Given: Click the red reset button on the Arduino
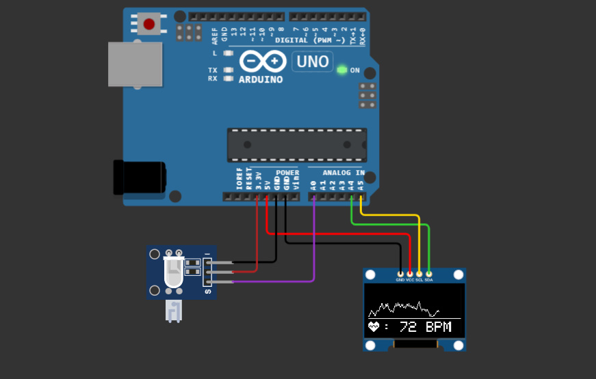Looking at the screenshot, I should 149,25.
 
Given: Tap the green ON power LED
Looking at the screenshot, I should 342,70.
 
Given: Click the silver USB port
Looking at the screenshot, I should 135,64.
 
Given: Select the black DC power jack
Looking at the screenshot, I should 139,177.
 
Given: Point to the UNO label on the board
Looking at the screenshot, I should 313,61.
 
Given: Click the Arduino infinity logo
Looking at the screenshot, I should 262,62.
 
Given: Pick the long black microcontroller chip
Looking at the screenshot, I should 296,145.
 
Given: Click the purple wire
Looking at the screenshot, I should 313,246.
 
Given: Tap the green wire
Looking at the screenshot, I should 390,224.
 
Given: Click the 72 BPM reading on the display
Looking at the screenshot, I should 425,327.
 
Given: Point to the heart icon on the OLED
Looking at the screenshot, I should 374,327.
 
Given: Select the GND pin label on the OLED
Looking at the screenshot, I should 400,280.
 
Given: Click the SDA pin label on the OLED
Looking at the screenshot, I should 428,280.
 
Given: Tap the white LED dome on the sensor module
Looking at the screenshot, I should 173,272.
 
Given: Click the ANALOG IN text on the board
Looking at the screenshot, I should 344,173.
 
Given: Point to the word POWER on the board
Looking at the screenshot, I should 287,173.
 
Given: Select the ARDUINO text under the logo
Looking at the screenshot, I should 261,79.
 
